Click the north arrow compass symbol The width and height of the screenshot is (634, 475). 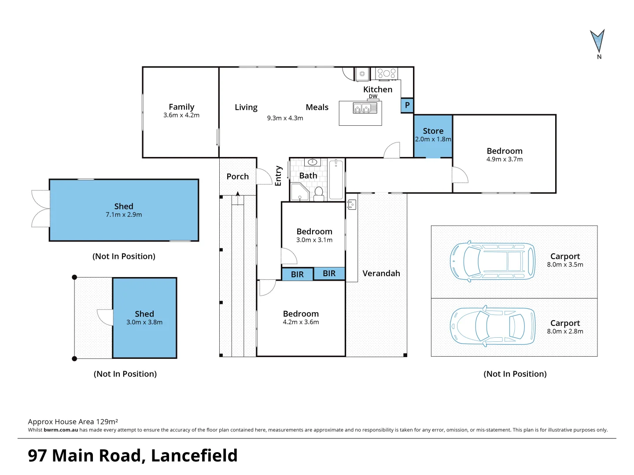pos(597,42)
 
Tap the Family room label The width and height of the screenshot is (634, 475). pos(181,107)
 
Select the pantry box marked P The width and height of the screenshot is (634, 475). pos(407,105)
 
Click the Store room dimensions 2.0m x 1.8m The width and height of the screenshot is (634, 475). pos(433,139)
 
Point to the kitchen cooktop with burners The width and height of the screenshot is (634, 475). pos(387,73)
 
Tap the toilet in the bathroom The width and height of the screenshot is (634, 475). pos(319,194)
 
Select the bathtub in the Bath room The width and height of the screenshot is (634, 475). pos(337,179)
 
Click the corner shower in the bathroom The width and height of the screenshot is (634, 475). pos(299,192)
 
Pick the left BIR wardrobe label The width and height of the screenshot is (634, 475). pos(297,274)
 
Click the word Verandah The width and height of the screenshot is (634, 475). pos(381,273)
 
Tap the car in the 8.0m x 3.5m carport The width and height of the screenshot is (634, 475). pos(492,261)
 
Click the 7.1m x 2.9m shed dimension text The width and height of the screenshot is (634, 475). pos(124,215)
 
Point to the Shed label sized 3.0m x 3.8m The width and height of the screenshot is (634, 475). pos(144,314)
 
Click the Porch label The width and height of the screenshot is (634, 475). pos(238,176)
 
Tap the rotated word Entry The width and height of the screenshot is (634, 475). pos(278,176)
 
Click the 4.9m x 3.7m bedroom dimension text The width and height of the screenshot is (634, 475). pos(505,159)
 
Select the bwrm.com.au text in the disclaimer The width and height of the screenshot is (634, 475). pos(61,430)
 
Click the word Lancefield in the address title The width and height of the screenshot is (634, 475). pos(194,456)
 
